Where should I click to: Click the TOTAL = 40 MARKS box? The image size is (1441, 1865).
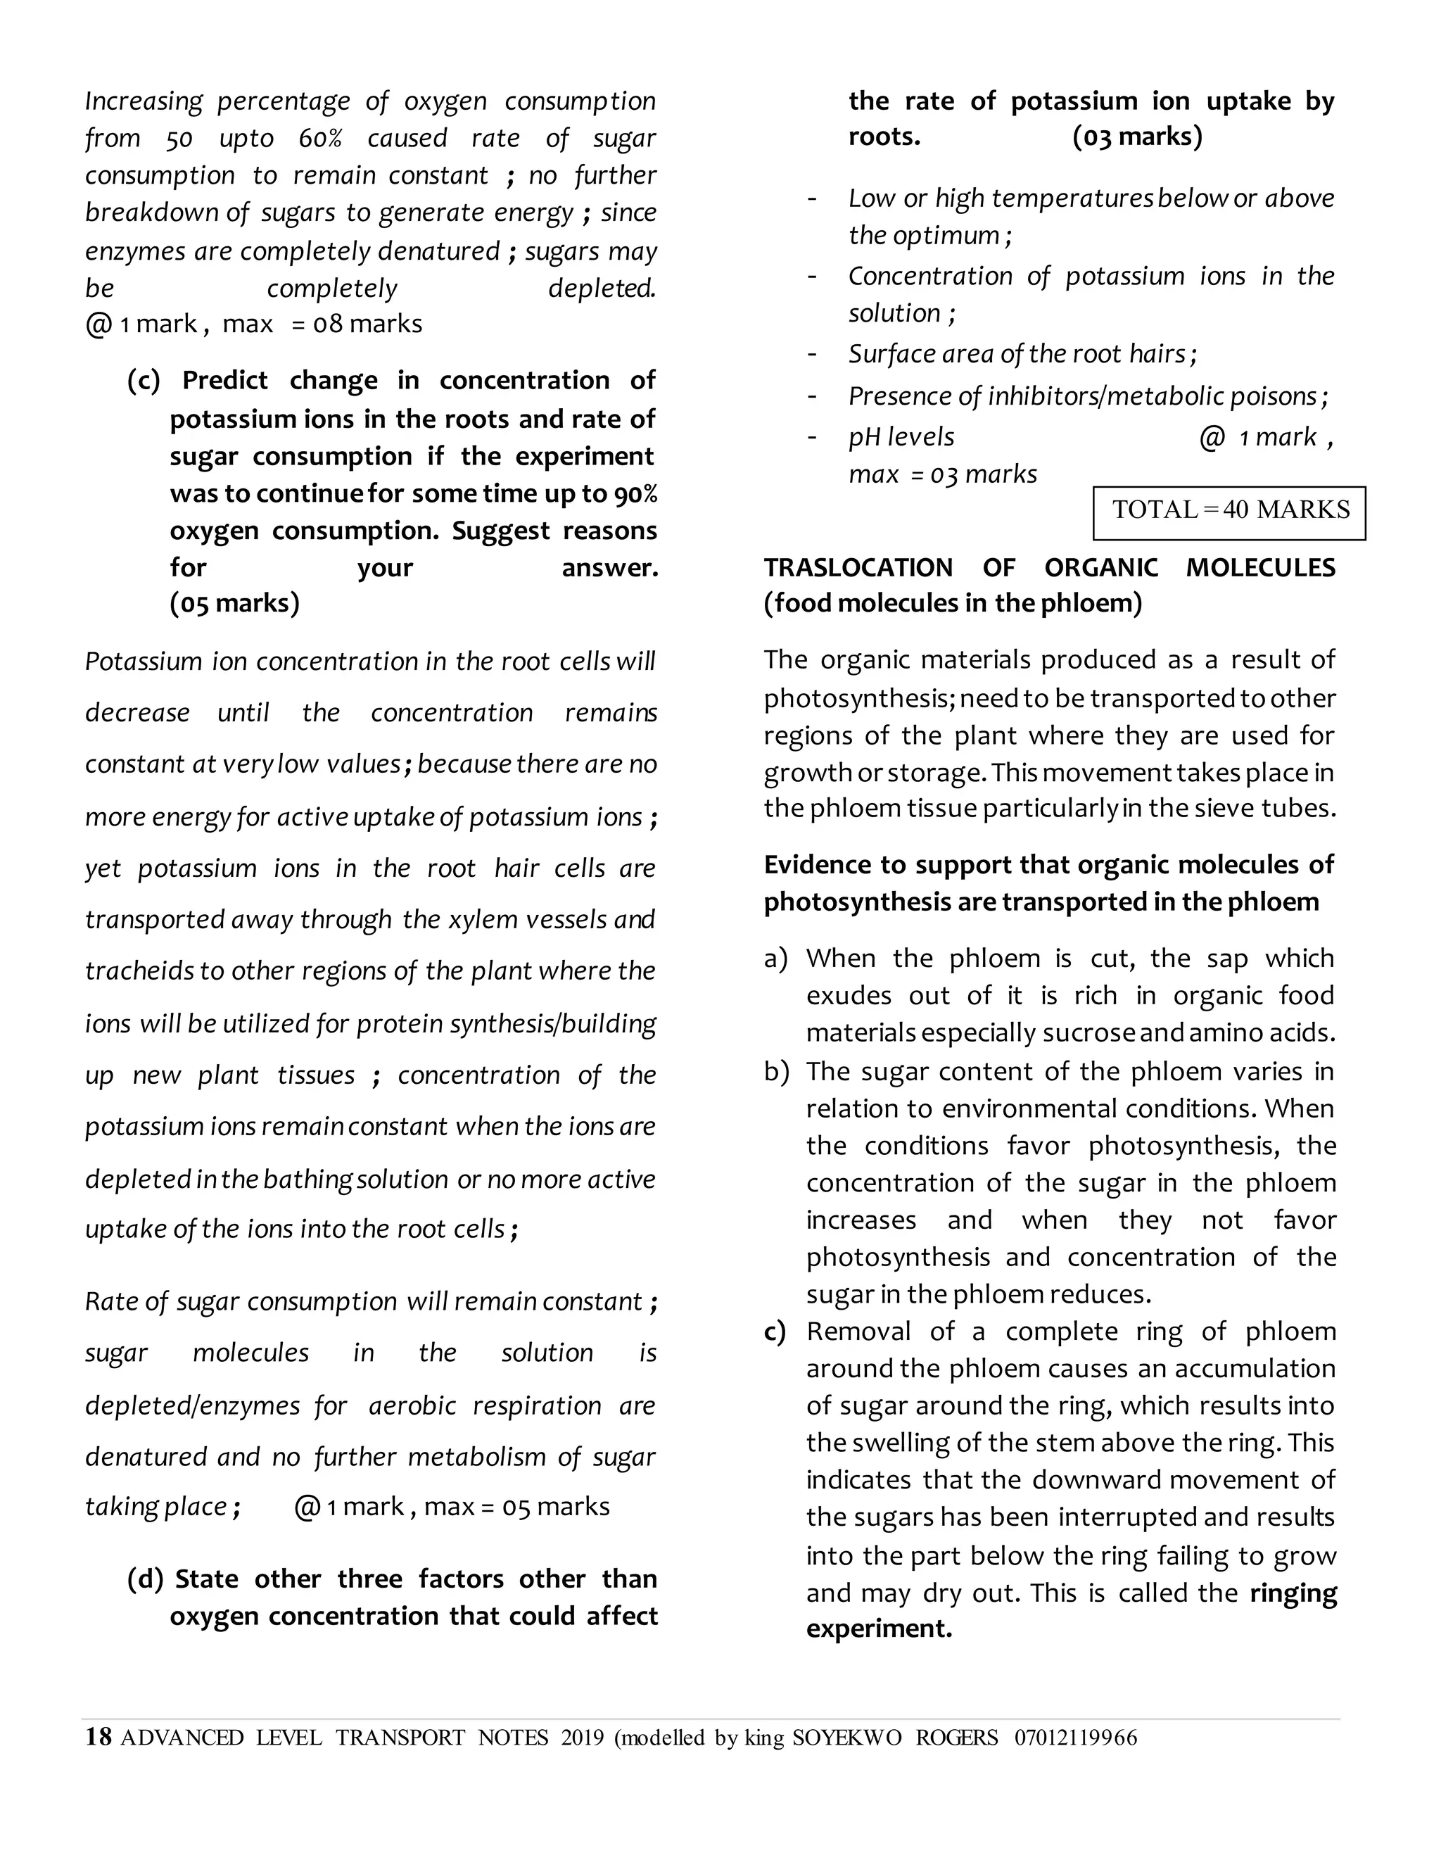1229,511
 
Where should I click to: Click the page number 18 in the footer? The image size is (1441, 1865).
99,1738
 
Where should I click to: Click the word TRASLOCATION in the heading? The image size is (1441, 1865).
858,568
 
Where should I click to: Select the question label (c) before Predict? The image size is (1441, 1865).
144,381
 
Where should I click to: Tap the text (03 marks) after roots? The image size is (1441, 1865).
1137,137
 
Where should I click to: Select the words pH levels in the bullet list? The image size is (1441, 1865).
901,437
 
